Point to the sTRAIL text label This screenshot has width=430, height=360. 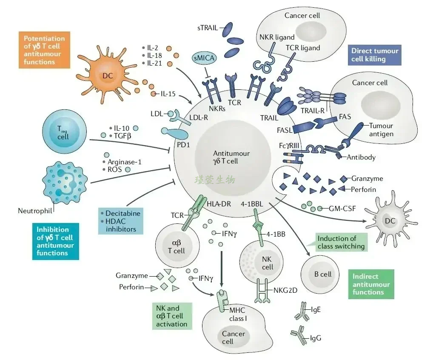[207, 28]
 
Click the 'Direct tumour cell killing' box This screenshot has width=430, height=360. [375, 55]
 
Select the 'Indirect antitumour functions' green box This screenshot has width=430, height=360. [371, 284]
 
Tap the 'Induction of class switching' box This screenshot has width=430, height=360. [341, 242]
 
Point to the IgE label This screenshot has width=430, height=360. [316, 309]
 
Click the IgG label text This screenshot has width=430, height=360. [316, 338]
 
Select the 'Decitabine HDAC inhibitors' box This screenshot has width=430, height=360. [120, 221]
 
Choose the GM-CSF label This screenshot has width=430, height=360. [342, 209]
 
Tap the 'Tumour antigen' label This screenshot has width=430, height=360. [381, 130]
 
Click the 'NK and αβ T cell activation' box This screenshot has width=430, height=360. [171, 316]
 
